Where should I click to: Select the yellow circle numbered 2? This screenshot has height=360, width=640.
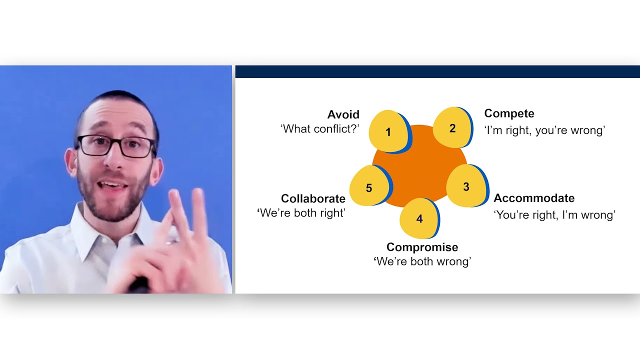(451, 128)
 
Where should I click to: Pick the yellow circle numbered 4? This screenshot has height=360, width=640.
(419, 218)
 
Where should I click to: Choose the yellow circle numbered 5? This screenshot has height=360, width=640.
(369, 188)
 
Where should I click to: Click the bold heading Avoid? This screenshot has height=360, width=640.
(343, 114)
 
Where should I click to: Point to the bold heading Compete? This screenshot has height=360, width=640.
(509, 113)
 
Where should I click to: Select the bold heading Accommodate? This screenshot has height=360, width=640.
(534, 198)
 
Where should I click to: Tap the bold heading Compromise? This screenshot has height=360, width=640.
(422, 247)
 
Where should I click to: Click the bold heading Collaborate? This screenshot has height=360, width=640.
(313, 198)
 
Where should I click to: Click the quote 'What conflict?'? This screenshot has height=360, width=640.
(320, 129)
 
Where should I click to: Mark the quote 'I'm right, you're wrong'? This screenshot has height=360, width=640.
(544, 130)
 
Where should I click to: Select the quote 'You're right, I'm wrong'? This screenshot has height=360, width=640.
(554, 215)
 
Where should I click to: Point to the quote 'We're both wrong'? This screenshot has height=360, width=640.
(422, 261)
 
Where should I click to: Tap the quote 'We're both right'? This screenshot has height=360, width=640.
(301, 213)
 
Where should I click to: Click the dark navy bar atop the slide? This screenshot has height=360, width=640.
(437, 71)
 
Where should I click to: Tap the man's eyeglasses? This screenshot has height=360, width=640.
(116, 145)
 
